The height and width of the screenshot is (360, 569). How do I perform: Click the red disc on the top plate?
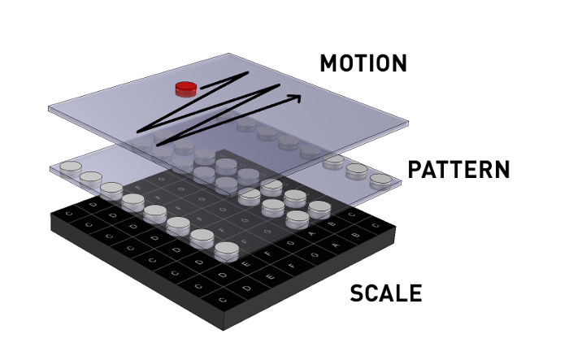tap(186, 87)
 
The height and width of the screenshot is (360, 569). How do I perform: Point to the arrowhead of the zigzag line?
tap(295, 98)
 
